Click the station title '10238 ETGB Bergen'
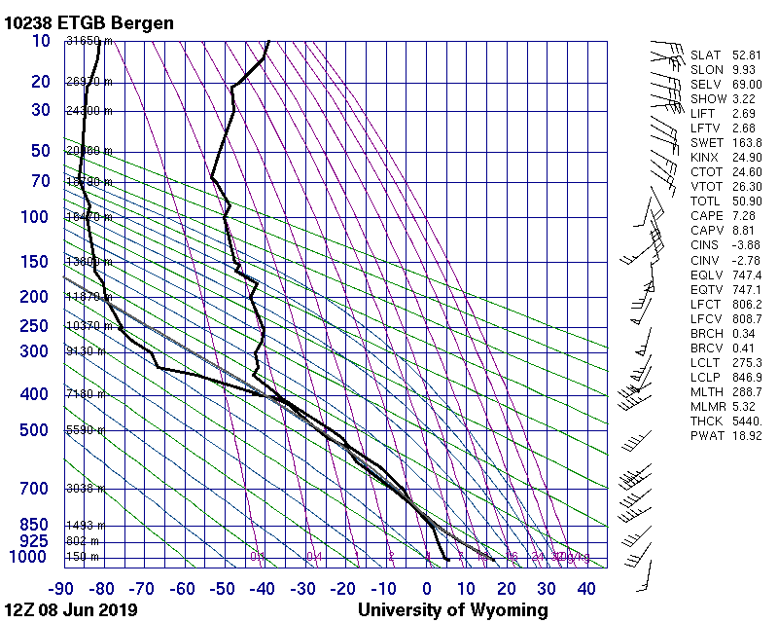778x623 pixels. pos(89,22)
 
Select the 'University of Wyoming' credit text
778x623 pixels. pos(453,610)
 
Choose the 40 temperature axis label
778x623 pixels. pos(587,588)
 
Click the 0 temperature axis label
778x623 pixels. pos(427,588)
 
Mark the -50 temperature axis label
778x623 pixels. pos(224,588)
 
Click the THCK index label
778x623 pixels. pos(706,420)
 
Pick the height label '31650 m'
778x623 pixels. pos(88,41)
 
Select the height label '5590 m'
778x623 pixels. pos(86,430)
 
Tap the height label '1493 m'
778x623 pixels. pos(86,525)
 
